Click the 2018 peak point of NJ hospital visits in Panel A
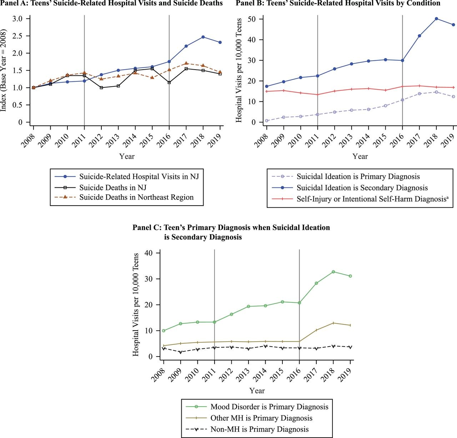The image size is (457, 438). pos(203,37)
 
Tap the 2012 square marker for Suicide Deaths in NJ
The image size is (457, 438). pos(101,87)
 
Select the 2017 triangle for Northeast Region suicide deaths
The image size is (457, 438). pos(186,63)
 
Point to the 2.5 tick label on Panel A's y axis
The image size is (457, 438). pos(17,36)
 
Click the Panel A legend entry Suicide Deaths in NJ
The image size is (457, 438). pos(113,187)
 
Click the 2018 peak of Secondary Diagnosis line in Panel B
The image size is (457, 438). pos(436,19)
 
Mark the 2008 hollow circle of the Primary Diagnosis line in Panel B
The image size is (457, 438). pos(267,121)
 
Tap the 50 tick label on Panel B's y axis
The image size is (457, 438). pos(252,19)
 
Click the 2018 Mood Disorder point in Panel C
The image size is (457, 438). pos(333,272)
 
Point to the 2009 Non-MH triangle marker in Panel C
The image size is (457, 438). pos(181,352)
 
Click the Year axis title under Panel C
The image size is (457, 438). pos(257,391)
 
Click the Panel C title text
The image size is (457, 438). pos(231,232)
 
